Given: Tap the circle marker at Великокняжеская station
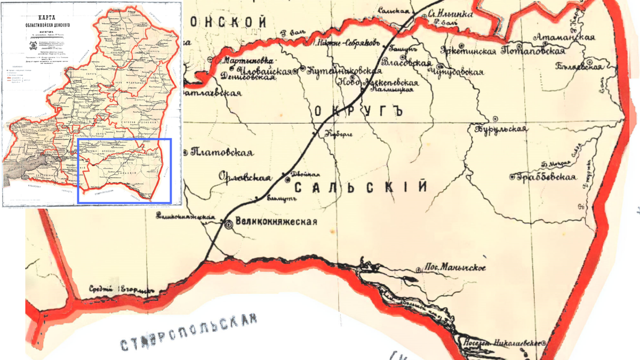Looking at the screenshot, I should tap(229, 225).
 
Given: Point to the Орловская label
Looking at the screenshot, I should tap(245, 178).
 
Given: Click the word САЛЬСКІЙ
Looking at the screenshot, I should tap(361, 187).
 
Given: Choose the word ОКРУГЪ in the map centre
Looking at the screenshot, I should tap(357, 111).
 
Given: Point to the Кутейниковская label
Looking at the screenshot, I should tap(343, 70).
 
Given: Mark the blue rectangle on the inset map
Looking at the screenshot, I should tap(124, 171).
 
